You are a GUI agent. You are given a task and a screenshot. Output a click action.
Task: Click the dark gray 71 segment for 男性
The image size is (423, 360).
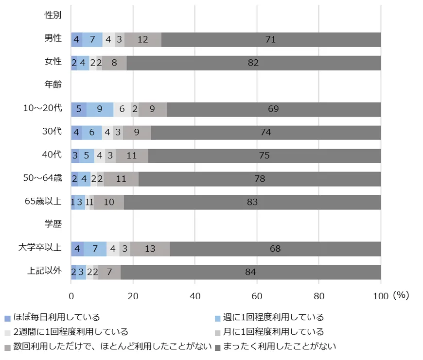[270, 39]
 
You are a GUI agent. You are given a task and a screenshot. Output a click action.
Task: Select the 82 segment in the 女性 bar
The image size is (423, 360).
[253, 63]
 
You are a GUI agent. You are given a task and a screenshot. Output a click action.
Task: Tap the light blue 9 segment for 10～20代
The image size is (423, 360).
[100, 109]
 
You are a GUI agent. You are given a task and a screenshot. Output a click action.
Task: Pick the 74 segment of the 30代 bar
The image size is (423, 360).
[265, 133]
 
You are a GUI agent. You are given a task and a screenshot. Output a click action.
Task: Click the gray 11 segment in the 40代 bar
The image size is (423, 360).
[131, 156]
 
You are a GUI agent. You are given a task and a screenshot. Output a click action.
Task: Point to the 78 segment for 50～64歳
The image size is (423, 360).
[260, 179]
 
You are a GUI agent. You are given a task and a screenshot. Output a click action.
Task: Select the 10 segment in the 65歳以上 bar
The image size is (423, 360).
[109, 202]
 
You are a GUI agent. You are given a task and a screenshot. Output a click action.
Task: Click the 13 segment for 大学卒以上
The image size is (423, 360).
[150, 249]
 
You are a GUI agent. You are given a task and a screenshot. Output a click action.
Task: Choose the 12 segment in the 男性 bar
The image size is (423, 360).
[142, 39]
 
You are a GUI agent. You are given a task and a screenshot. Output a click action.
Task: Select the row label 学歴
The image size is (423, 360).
[53, 224]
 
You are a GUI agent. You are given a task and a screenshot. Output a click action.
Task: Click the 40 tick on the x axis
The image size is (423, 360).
[195, 295]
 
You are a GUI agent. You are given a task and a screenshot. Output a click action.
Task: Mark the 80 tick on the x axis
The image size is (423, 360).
[319, 295]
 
